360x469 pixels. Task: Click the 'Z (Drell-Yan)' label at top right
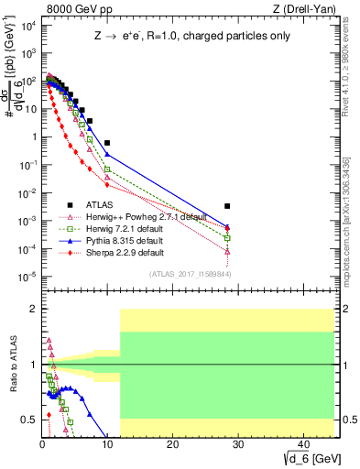tap(303, 9)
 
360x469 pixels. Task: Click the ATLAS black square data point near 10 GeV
tap(107, 143)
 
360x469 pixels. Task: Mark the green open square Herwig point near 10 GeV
tap(107, 169)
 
